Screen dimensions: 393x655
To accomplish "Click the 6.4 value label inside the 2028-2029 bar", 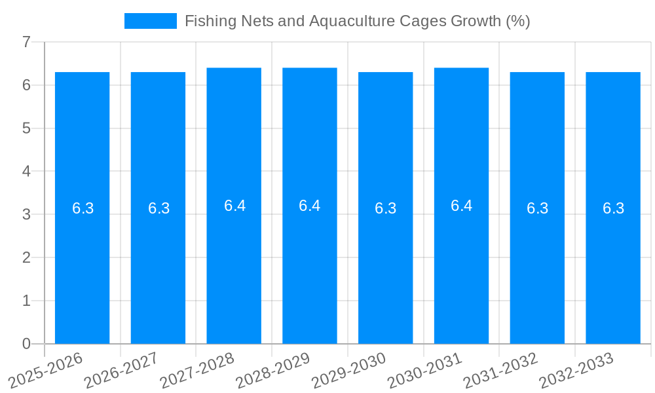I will [309, 206].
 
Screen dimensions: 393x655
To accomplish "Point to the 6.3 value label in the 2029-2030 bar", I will [385, 208].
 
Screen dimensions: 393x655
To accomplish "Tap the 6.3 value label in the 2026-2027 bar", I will [159, 208].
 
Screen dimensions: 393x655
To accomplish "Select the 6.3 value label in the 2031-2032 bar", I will [537, 208].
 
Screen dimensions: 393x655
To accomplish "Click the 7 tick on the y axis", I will [26, 42].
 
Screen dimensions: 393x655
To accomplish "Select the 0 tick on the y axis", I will [26, 344].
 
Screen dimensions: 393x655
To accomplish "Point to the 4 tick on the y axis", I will [26, 172].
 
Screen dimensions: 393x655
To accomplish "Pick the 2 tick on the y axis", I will [26, 257].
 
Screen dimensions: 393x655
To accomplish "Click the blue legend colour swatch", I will [151, 21].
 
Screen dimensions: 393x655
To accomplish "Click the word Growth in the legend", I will [476, 21].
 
